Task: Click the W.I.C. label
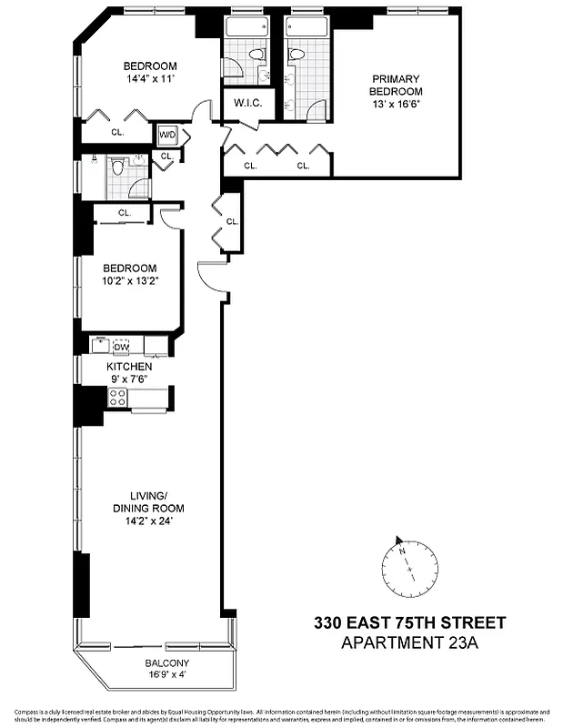(247, 103)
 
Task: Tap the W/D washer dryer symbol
(168, 135)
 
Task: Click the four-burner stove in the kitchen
(117, 397)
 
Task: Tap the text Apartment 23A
(409, 643)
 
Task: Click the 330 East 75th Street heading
(409, 624)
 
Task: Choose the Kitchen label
(130, 366)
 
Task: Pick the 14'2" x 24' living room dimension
(148, 521)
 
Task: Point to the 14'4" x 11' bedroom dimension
(149, 79)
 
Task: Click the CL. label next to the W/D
(166, 156)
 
